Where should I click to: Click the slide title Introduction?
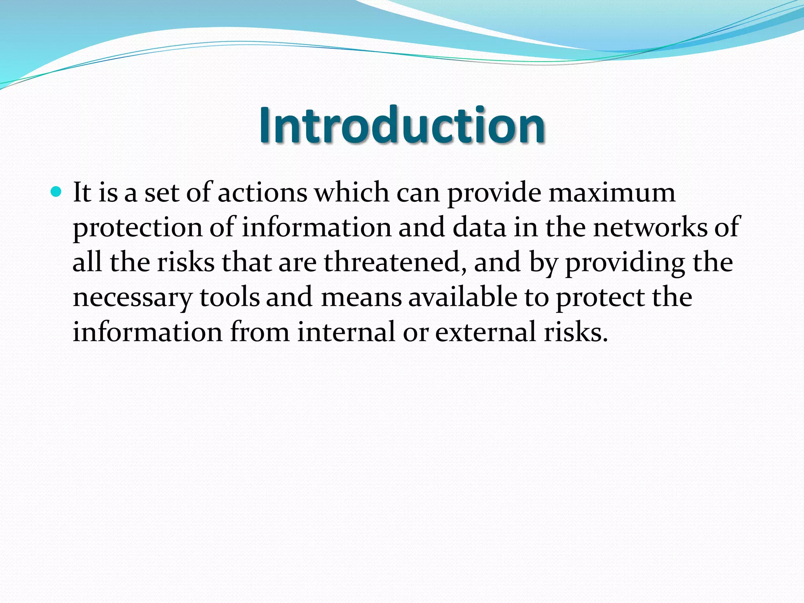[402, 125]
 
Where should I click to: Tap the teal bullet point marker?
[57, 192]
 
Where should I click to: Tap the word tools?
[230, 297]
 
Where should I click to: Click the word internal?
[346, 332]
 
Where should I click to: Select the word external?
[486, 332]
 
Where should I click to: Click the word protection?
[137, 228]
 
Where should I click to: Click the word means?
[362, 297]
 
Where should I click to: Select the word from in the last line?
[259, 332]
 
